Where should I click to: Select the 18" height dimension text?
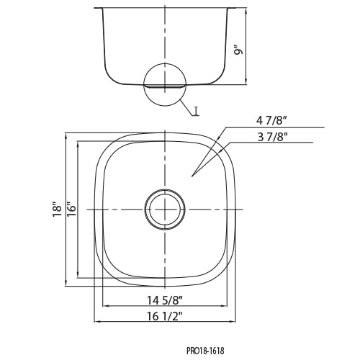point(57,209)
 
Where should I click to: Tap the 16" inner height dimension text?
point(71,209)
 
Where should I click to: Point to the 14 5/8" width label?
point(165,300)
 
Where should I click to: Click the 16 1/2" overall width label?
point(165,317)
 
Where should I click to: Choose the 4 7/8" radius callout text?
point(271,121)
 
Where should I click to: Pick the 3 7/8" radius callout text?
point(273,138)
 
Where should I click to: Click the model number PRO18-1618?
point(205,351)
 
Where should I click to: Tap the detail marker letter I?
point(197,111)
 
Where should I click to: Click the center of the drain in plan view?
point(165,210)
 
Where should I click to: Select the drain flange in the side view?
point(164,86)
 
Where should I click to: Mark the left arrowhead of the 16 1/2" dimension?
point(96,322)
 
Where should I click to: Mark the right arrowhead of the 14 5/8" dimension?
point(225,306)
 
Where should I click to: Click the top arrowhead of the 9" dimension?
point(246,12)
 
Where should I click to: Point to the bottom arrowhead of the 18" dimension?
point(66,283)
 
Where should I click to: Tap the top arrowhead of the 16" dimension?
point(77,144)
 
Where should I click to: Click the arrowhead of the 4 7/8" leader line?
point(219,138)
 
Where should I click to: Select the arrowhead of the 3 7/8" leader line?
point(221,151)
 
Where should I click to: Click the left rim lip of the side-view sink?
point(98,9)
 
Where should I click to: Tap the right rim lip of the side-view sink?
point(231,9)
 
